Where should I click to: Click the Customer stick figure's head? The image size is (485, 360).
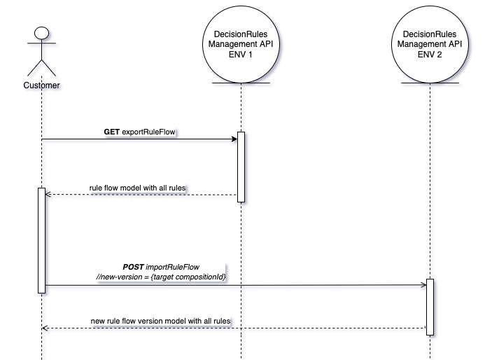[41, 34]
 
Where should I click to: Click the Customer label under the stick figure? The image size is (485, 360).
[41, 85]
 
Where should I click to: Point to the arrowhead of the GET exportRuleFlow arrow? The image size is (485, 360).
[234, 139]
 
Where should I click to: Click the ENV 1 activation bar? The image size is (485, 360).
[240, 167]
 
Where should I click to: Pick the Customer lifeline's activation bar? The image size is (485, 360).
[41, 240]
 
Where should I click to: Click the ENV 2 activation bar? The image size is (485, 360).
[430, 307]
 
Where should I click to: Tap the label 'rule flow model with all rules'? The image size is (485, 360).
[138, 188]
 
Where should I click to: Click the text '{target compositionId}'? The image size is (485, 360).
[189, 277]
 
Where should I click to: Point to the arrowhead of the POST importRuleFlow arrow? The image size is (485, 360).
[423, 285]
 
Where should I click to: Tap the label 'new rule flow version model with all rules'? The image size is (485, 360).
[161, 321]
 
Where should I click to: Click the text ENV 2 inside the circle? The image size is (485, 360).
[430, 53]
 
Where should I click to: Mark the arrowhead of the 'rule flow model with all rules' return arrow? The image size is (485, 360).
[48, 195]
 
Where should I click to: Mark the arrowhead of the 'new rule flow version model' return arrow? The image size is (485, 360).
[44, 328]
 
